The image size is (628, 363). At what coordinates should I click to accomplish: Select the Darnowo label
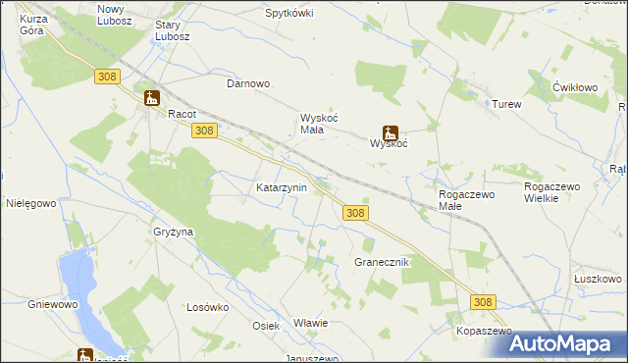pos(248,84)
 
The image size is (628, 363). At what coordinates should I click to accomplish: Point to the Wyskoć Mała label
pos(318,124)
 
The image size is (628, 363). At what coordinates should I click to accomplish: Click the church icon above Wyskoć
pos(390,131)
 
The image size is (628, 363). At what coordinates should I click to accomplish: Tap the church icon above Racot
pos(151,97)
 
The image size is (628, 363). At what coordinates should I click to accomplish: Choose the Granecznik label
pos(382,263)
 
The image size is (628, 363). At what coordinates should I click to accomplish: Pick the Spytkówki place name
pos(289,14)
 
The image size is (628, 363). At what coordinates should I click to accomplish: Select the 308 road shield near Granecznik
pos(356,213)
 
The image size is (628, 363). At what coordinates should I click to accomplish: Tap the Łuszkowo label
pos(598,279)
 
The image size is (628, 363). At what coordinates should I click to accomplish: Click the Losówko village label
pos(207,307)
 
